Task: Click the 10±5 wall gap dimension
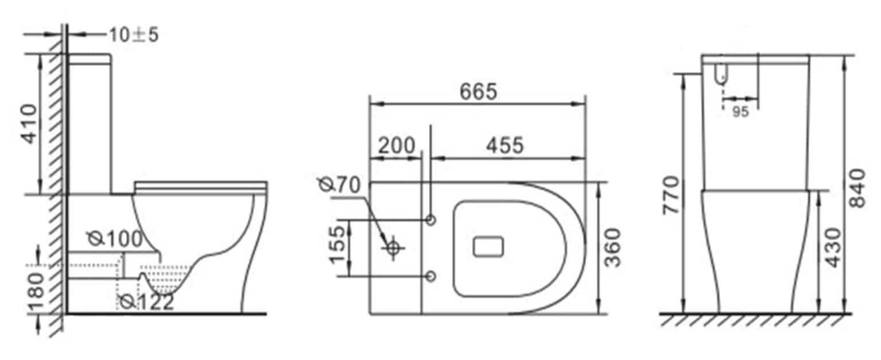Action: (133, 35)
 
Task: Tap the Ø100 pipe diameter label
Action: (114, 239)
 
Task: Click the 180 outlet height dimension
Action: (36, 292)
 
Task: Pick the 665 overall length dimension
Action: (478, 91)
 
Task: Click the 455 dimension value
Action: (505, 146)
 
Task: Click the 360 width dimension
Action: (614, 247)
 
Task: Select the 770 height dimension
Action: (671, 195)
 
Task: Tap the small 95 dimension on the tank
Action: (740, 113)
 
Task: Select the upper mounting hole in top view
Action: (431, 220)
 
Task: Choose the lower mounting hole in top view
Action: (431, 276)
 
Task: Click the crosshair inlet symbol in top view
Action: (393, 248)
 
